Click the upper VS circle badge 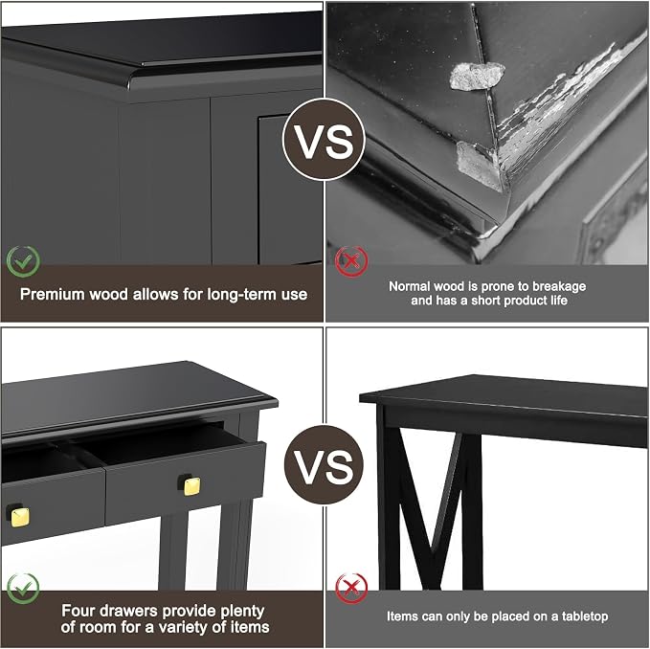(x=324, y=140)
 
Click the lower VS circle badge (x=324, y=464)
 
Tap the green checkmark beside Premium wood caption (x=23, y=261)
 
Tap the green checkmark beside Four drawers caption (x=23, y=588)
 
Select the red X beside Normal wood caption (x=351, y=261)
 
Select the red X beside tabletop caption (x=351, y=588)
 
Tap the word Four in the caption (x=77, y=611)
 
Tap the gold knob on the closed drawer (x=18, y=516)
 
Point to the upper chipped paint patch (x=477, y=76)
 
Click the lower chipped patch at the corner (x=477, y=165)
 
